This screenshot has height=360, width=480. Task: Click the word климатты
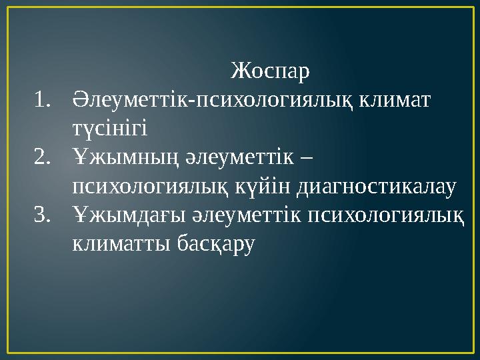[121, 245]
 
